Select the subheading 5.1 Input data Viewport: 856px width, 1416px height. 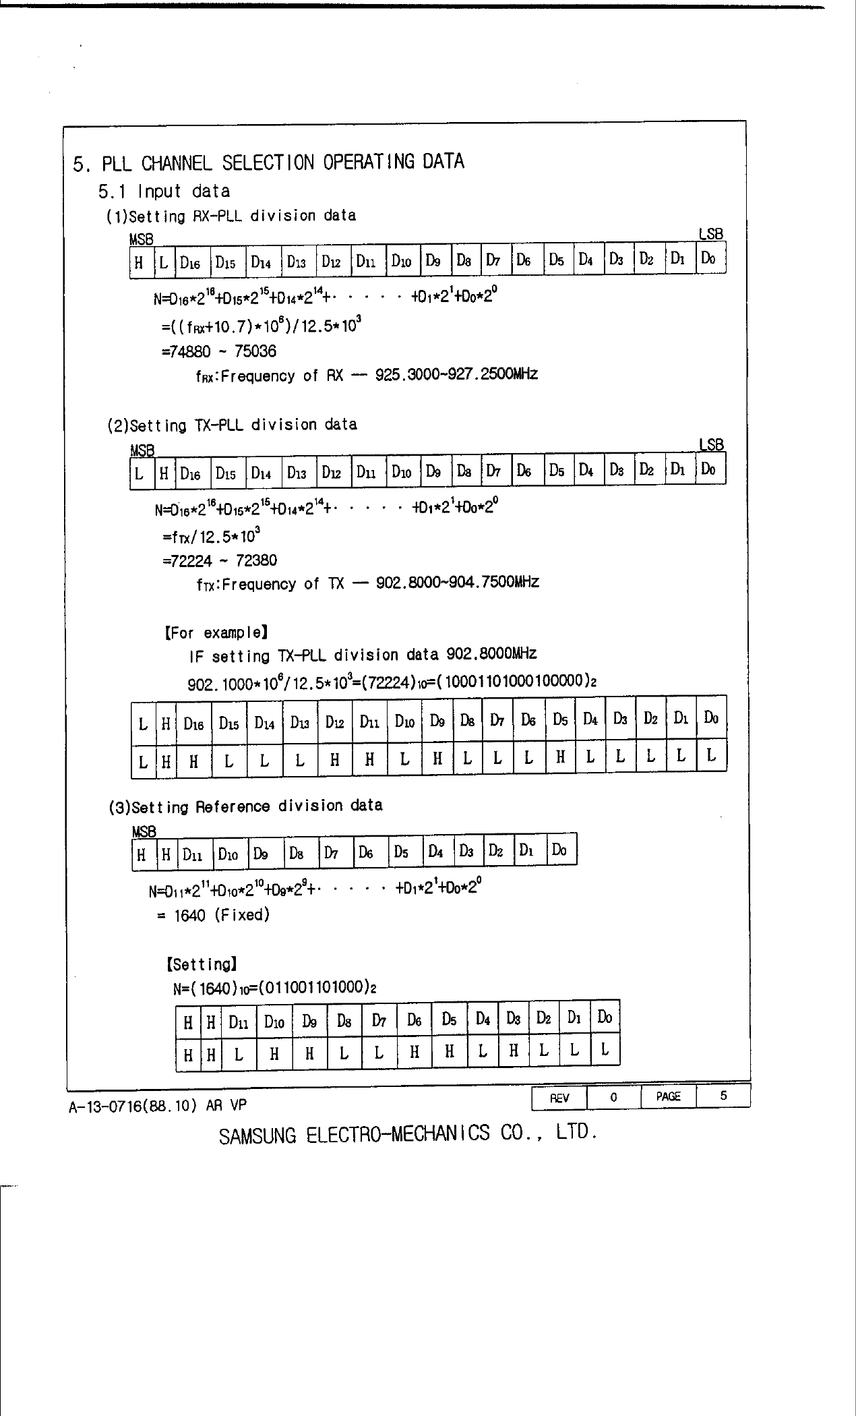[164, 192]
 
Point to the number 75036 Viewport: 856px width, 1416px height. [255, 352]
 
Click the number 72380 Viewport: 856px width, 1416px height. [256, 561]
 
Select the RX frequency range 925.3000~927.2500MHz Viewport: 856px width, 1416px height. [456, 374]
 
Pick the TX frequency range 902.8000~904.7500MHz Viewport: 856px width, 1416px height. [458, 582]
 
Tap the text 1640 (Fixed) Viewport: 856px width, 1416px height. [222, 915]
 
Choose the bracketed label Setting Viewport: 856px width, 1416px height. [201, 964]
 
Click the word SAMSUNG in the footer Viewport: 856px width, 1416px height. [257, 1135]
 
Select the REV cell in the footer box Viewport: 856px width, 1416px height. [559, 1097]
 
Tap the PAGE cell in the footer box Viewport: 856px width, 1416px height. [668, 1096]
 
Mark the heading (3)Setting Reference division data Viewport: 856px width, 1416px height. [245, 806]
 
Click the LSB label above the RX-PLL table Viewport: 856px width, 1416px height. [710, 235]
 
